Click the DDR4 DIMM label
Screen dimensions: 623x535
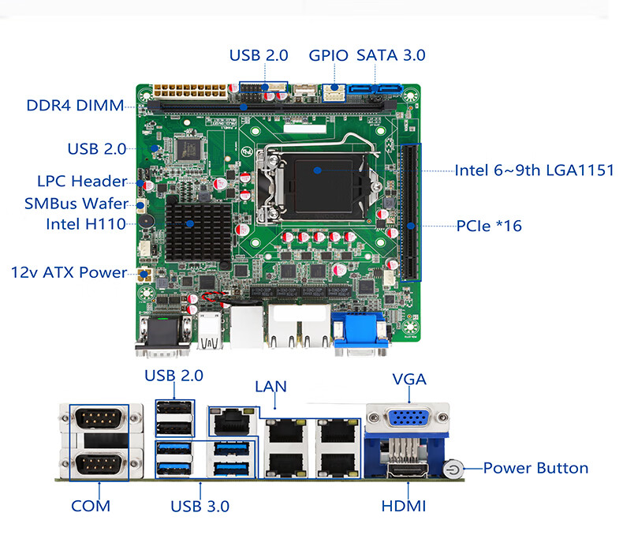75,106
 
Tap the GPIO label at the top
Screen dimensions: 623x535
328,55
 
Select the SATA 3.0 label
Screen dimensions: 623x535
391,55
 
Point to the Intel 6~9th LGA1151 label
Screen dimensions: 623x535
534,170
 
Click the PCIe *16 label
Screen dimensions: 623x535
489,226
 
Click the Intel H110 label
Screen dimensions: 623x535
85,224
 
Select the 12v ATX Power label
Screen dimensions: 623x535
69,272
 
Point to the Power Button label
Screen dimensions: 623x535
535,468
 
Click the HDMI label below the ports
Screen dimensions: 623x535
404,506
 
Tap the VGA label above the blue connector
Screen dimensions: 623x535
409,380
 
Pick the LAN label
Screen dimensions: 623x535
270,387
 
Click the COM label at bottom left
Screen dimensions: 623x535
91,506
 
